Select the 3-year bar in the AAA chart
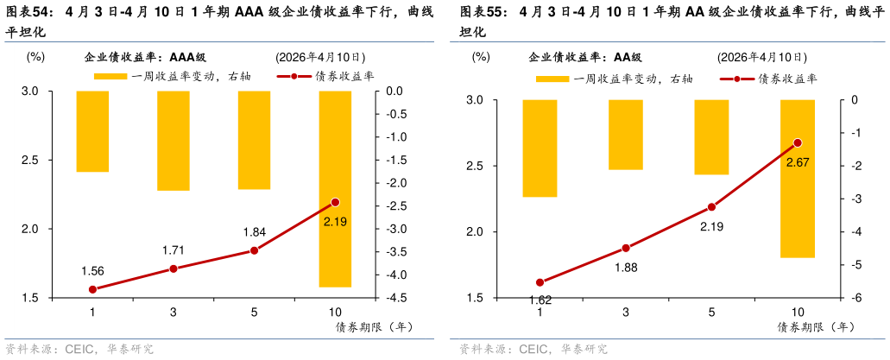173,140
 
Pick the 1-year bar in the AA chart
540,148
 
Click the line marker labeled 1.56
92,289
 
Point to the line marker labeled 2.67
798,142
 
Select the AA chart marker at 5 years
711,207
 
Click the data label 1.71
174,250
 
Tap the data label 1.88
626,267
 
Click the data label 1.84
255,232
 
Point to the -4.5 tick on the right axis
394,298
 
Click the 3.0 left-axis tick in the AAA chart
30,91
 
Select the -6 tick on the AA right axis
855,298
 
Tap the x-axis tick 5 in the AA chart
711,313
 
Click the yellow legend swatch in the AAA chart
111,77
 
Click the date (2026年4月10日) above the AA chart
761,58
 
